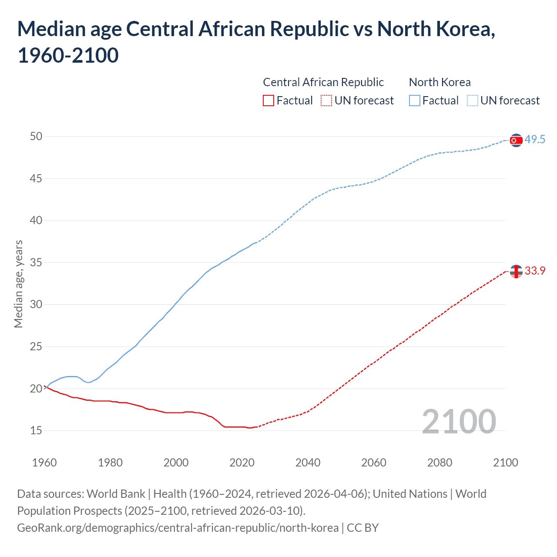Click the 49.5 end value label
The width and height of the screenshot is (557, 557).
(535, 140)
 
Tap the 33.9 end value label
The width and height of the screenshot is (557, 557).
(535, 271)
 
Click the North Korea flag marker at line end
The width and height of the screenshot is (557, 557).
(516, 140)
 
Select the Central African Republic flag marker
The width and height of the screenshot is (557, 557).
(516, 272)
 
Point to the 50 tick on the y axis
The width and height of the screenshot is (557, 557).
(36, 137)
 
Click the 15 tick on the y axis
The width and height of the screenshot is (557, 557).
(36, 431)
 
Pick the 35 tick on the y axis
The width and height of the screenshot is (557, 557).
(36, 263)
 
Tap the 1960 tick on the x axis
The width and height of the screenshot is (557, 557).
(44, 463)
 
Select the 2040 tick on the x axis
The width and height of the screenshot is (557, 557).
(308, 463)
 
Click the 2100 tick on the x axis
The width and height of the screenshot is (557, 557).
(505, 463)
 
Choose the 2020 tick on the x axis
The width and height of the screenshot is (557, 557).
(242, 463)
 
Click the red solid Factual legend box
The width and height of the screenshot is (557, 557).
(268, 101)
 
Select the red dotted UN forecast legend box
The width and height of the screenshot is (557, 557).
(326, 101)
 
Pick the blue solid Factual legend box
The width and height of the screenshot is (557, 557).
(415, 101)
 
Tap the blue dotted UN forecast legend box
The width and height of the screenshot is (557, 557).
(473, 101)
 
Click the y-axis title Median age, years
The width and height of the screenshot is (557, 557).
(18, 284)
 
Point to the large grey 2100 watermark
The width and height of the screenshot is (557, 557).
(459, 421)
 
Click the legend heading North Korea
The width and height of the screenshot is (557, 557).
(440, 82)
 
